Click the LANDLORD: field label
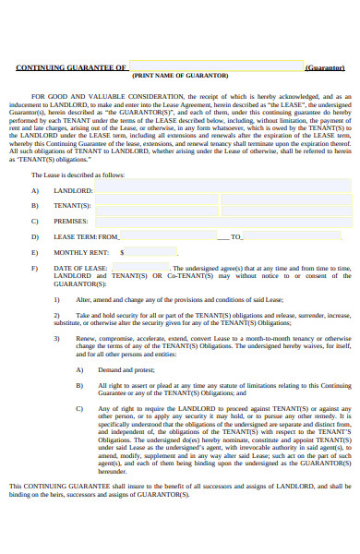74,188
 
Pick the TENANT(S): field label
74,204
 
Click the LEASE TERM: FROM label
87,236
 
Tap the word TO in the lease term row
236,236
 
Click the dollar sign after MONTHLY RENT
123,252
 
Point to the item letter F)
35,268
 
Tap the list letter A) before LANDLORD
35,188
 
